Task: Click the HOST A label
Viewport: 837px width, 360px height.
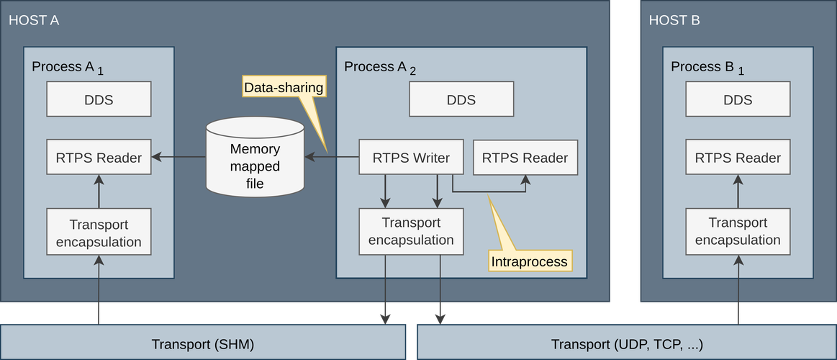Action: [34, 20]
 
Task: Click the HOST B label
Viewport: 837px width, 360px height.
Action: [674, 20]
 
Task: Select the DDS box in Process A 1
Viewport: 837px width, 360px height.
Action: [99, 99]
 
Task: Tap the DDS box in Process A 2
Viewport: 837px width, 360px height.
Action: [461, 99]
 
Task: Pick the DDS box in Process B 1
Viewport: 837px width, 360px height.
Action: [738, 99]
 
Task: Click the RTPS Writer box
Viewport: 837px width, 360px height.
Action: [411, 158]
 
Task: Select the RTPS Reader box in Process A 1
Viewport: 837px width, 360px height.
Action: [99, 158]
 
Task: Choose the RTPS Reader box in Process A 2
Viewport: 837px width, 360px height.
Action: [525, 158]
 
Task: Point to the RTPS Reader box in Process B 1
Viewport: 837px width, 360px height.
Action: [738, 158]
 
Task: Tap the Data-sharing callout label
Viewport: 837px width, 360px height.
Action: [284, 88]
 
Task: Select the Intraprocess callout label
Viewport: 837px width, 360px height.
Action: [530, 261]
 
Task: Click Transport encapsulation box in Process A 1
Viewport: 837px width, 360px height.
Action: [99, 232]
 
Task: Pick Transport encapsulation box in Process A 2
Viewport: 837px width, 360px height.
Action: [411, 232]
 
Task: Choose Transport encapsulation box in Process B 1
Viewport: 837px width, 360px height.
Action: [738, 232]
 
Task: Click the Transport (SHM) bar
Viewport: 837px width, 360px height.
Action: [203, 344]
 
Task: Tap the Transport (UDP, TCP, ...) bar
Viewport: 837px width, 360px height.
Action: [626, 344]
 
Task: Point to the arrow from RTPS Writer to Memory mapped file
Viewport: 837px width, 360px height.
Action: [332, 157]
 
